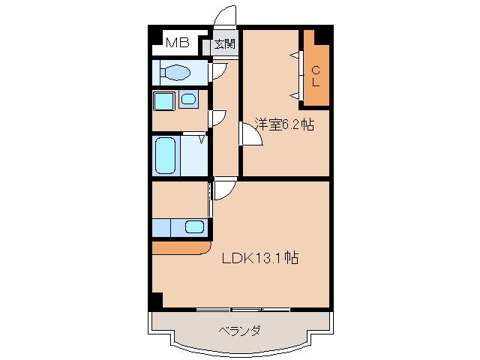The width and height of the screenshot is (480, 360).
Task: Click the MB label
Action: [177, 43]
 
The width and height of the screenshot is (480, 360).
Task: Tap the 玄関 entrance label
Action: [225, 44]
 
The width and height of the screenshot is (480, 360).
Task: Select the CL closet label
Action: [316, 76]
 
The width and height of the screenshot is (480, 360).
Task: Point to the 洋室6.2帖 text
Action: [285, 124]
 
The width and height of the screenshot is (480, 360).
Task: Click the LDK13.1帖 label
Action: [260, 258]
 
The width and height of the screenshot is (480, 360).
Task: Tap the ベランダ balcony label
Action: [240, 331]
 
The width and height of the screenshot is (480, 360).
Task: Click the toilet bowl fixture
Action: [175, 73]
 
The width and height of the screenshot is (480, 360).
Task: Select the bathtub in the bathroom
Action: [166, 155]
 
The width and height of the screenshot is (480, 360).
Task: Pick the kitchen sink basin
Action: [194, 227]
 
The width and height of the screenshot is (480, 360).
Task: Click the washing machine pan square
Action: [164, 101]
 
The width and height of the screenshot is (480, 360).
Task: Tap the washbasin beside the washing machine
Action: [188, 99]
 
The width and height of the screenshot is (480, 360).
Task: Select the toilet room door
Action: [219, 71]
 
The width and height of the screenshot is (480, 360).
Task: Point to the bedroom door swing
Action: [251, 133]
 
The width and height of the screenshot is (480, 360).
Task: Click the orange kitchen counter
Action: [181, 248]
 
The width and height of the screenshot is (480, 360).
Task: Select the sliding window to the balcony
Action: [243, 310]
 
